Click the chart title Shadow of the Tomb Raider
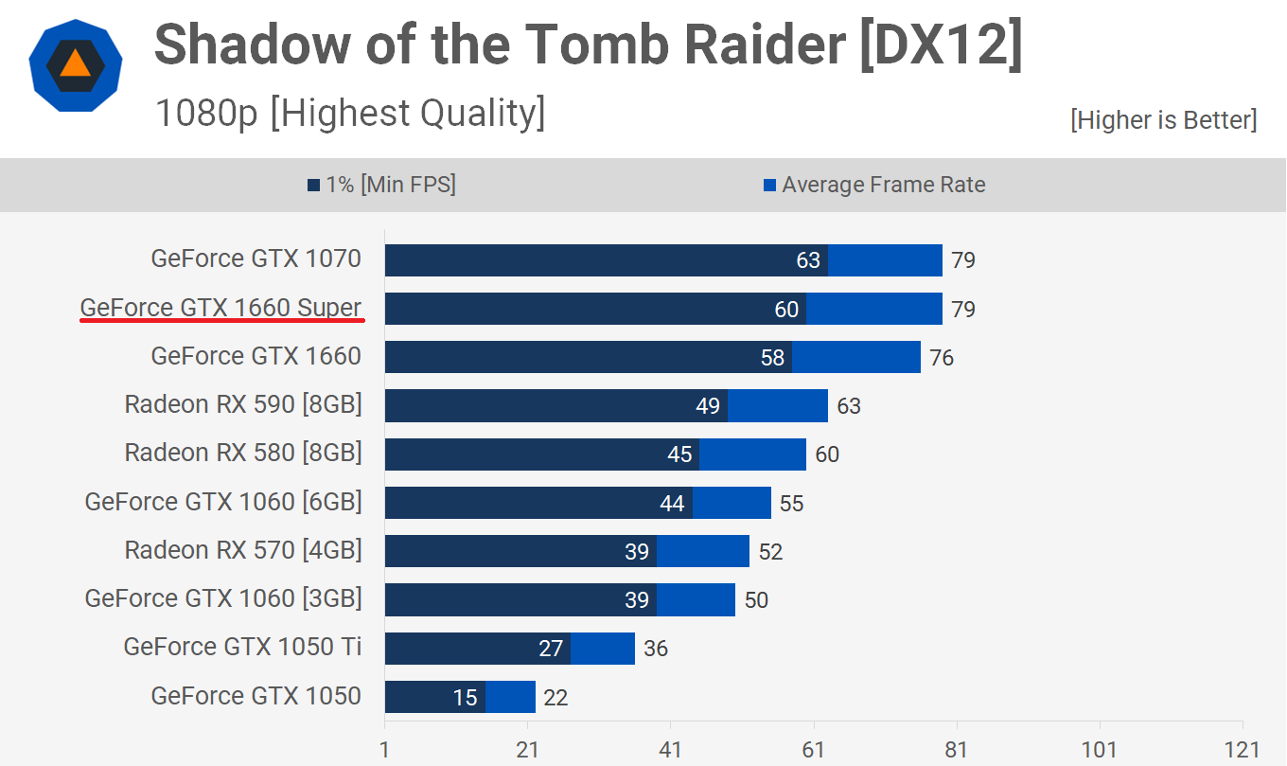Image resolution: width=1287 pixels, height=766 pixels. point(588,45)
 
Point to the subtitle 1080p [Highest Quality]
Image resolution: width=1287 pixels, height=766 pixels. point(349,114)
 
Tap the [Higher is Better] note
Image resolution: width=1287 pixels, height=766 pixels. point(1163,120)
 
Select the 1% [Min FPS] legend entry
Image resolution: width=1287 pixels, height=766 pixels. point(381,185)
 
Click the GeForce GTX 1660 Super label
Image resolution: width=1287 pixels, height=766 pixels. point(220,308)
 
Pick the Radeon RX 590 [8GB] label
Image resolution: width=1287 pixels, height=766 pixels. point(243,405)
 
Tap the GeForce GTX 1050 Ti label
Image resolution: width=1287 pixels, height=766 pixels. point(242,648)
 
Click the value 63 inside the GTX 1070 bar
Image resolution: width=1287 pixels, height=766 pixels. point(808,260)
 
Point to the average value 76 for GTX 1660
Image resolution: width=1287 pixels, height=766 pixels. point(942,358)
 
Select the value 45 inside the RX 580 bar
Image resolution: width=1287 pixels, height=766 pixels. point(679,454)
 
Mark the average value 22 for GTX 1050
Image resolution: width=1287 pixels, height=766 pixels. point(555,698)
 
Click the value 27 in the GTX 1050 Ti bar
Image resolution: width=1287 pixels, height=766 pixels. point(551,649)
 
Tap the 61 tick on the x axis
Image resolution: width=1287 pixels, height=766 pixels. point(814,748)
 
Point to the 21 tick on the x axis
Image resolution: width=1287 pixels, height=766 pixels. point(528,748)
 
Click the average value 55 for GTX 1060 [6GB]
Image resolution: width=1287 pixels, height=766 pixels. point(791,504)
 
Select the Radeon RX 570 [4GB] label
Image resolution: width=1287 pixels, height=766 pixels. point(243,550)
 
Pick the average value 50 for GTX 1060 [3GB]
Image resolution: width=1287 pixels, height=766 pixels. point(756,600)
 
